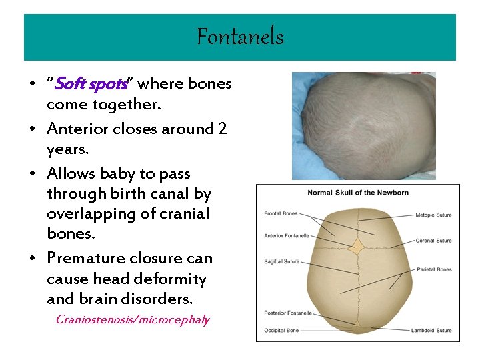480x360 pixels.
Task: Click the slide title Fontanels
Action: pyautogui.click(x=240, y=37)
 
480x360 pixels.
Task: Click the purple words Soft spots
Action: pyautogui.click(x=90, y=85)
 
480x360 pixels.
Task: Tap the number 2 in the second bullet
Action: pyautogui.click(x=223, y=129)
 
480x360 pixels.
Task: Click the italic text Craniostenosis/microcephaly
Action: pyautogui.click(x=133, y=320)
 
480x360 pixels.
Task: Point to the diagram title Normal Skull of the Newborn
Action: pyautogui.click(x=357, y=193)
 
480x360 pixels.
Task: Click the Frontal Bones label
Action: pyautogui.click(x=281, y=215)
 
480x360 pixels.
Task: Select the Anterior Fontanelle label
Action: pyautogui.click(x=287, y=235)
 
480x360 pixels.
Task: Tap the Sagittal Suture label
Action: pyautogui.click(x=282, y=262)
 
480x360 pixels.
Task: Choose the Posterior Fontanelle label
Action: pyautogui.click(x=288, y=313)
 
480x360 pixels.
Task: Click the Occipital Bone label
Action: pyautogui.click(x=281, y=331)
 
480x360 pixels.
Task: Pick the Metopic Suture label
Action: pyautogui.click(x=433, y=215)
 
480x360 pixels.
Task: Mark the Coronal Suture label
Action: pyautogui.click(x=433, y=241)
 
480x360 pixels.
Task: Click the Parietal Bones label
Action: pyautogui.click(x=433, y=270)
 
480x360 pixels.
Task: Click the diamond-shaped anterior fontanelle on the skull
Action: pyautogui.click(x=358, y=247)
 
